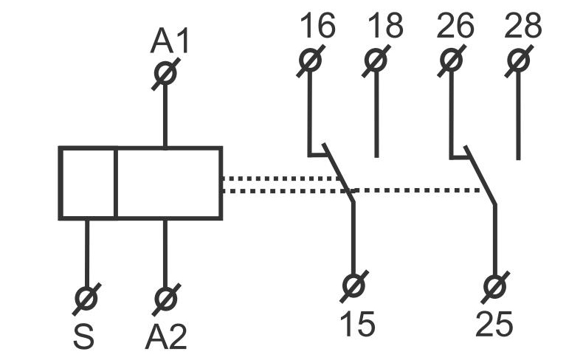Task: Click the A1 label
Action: point(170,41)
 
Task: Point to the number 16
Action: point(317,27)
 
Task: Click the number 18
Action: point(385,27)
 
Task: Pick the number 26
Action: point(455,27)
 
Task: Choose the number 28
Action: point(523,27)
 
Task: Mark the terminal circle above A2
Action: point(165,299)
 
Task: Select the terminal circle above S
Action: point(87,299)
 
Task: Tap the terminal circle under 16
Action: point(309,60)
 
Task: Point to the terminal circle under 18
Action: point(376,60)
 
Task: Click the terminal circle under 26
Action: point(450,60)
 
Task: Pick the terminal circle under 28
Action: point(518,60)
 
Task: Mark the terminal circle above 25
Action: point(494,285)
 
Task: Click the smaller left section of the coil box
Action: point(88,183)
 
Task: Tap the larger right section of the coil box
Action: point(169,183)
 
